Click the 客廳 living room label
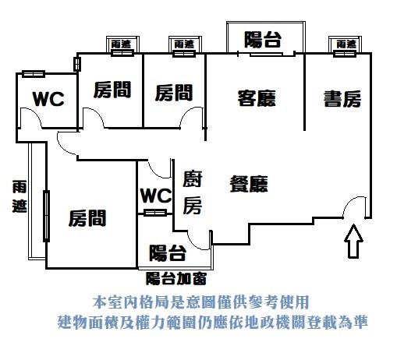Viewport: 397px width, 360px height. click(x=257, y=98)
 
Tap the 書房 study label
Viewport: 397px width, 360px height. click(x=342, y=99)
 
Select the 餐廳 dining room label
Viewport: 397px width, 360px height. click(x=249, y=184)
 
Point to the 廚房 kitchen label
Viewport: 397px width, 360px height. click(x=193, y=192)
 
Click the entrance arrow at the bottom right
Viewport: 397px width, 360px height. click(x=353, y=241)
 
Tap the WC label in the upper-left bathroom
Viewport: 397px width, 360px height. click(x=48, y=99)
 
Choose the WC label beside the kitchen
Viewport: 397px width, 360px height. click(x=156, y=196)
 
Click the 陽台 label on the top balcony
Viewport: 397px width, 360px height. click(x=263, y=40)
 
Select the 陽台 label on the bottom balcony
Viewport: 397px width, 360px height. click(x=168, y=252)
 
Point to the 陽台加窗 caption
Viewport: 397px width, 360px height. click(x=176, y=278)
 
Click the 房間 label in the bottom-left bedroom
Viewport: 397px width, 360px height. click(x=87, y=218)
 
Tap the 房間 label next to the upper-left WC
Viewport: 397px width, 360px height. click(x=112, y=90)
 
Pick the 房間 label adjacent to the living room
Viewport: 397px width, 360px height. click(x=174, y=93)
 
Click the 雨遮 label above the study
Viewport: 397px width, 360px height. click(x=346, y=44)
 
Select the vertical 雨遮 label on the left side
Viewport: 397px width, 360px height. click(x=19, y=196)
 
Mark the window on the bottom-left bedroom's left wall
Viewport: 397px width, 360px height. click(x=46, y=216)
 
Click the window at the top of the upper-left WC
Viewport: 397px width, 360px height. click(x=34, y=74)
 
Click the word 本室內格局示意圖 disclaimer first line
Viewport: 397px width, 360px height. click(x=200, y=302)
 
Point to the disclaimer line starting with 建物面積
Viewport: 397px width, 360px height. click(x=212, y=322)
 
